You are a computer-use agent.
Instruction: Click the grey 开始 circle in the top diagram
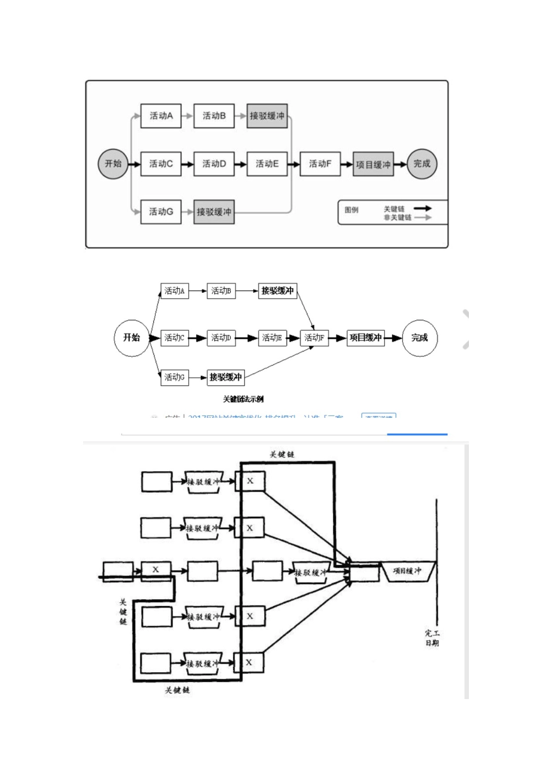pyautogui.click(x=113, y=164)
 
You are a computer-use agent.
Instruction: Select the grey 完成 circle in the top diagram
pyautogui.click(x=422, y=164)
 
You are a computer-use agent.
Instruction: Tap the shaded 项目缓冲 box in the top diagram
pyautogui.click(x=373, y=164)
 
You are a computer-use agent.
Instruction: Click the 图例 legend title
pyautogui.click(x=352, y=210)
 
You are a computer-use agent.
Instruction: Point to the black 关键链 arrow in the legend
pyautogui.click(x=422, y=209)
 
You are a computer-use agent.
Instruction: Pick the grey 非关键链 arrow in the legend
pyautogui.click(x=422, y=217)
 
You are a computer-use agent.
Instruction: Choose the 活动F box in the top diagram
pyautogui.click(x=320, y=164)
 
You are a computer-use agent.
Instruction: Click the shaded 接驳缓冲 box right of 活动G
pyautogui.click(x=214, y=212)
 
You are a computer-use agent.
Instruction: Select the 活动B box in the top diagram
pyautogui.click(x=214, y=116)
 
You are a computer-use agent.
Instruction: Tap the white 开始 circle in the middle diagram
pyautogui.click(x=131, y=338)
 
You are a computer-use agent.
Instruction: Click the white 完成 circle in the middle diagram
pyautogui.click(x=420, y=338)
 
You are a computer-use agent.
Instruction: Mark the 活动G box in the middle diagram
pyautogui.click(x=174, y=377)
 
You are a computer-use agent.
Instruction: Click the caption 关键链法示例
pyautogui.click(x=243, y=399)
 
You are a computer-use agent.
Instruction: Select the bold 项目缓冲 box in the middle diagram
pyautogui.click(x=365, y=338)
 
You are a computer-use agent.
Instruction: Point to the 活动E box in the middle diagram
pyautogui.click(x=272, y=338)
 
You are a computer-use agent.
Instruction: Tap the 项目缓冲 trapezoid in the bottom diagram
pyautogui.click(x=407, y=571)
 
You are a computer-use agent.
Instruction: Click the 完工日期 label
pyautogui.click(x=432, y=638)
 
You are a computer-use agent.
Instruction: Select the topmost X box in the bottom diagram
pyautogui.click(x=250, y=481)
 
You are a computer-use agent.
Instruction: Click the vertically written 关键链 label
pyautogui.click(x=123, y=612)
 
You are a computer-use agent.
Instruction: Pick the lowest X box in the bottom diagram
pyautogui.click(x=249, y=662)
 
